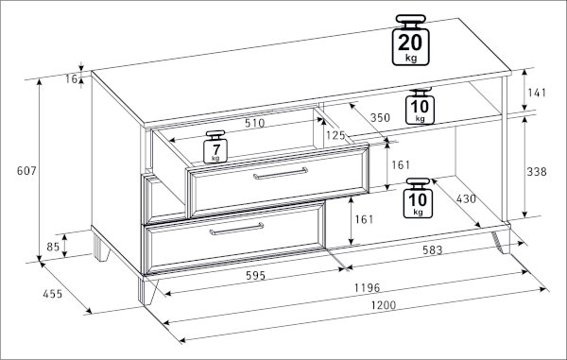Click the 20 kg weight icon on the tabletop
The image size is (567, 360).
coord(411,40)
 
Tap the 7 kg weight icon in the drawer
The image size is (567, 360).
coord(215,146)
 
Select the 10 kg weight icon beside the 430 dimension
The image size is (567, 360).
coord(418,198)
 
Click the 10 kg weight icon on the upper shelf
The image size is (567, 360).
coord(420,107)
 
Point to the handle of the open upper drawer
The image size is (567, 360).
coord(281,173)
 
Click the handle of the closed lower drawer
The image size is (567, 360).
coord(236,230)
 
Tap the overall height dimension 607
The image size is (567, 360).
coord(26,171)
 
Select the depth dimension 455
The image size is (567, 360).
coord(53,294)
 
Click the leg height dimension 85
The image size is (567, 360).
coord(53,247)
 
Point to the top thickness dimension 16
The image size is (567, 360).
coord(71,78)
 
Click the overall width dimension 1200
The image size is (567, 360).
coord(384,305)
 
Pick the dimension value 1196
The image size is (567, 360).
coord(367,287)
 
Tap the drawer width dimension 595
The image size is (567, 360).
coord(256,275)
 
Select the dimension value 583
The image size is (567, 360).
coord(433,249)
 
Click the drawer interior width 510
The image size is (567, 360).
coord(255,123)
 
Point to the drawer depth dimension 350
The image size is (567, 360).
coord(380,117)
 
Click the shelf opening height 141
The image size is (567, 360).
coord(537,93)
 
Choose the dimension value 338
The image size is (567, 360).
coord(537,172)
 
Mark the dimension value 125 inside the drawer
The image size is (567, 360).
coord(335,135)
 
